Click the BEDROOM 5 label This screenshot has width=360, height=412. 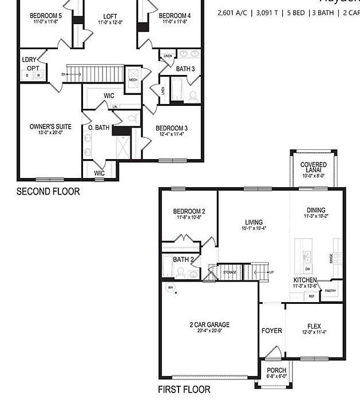(45, 16)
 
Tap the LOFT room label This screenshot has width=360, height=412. (110, 16)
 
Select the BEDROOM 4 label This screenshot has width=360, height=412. (175, 15)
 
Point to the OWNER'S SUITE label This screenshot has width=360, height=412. (50, 127)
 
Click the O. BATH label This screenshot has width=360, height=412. (98, 128)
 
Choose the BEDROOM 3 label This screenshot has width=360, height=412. (171, 128)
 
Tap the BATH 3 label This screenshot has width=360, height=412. (185, 69)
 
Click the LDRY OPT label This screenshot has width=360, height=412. (30, 64)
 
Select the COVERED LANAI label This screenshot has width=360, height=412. (313, 168)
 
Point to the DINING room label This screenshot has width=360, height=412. (316, 210)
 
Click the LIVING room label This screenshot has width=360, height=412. (254, 222)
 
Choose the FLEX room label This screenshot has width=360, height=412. (314, 326)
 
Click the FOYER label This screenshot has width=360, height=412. (271, 331)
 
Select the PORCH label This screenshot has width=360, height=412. (276, 370)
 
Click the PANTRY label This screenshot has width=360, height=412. (330, 291)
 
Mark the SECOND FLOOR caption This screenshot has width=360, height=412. (48, 191)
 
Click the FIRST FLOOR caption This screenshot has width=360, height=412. (184, 390)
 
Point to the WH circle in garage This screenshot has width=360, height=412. (170, 287)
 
